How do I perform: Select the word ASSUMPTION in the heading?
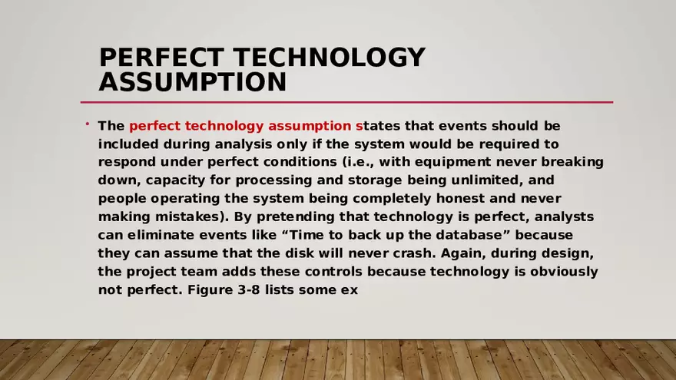tap(192, 81)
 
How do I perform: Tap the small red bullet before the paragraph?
tap(88, 124)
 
